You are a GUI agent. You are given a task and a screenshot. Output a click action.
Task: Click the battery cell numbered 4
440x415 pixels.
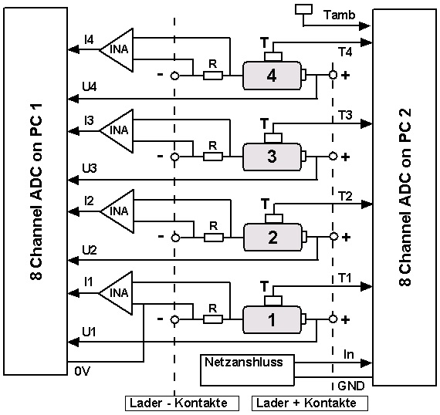point(272,76)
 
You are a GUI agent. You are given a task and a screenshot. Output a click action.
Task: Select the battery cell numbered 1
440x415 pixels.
point(272,319)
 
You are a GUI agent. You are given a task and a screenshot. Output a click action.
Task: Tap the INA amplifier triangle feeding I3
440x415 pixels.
point(116,130)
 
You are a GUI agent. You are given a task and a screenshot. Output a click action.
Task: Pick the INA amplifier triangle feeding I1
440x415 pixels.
point(116,293)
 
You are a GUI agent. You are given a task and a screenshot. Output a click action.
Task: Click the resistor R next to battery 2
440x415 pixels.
point(214,238)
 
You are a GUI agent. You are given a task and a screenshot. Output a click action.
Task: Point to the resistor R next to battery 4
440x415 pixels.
point(213,76)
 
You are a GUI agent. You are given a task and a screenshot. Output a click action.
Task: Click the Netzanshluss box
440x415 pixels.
point(247,370)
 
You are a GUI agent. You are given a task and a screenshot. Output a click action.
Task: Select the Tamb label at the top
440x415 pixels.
point(340,15)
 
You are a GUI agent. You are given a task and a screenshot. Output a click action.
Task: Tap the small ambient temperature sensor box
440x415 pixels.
point(304,8)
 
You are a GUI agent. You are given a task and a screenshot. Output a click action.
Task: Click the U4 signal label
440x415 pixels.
point(90,86)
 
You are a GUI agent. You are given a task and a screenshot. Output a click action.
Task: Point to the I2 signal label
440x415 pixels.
point(90,201)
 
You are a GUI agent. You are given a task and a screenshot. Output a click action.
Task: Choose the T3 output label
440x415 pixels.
point(345,115)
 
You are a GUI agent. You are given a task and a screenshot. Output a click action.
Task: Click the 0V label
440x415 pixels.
point(83,372)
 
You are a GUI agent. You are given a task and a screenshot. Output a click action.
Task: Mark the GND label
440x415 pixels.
point(351,386)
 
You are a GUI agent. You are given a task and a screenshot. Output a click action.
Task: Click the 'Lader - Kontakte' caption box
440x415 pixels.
point(182,403)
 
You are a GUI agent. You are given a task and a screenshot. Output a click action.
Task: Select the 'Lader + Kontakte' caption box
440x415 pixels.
point(310,403)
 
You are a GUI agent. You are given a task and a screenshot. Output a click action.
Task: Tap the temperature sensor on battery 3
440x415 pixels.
point(273,138)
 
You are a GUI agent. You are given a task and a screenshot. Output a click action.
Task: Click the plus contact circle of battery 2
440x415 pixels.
point(333,237)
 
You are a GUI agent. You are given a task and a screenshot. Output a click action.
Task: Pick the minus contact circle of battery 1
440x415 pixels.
point(174,319)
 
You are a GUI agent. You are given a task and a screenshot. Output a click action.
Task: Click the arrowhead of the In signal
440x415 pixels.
point(367,363)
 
